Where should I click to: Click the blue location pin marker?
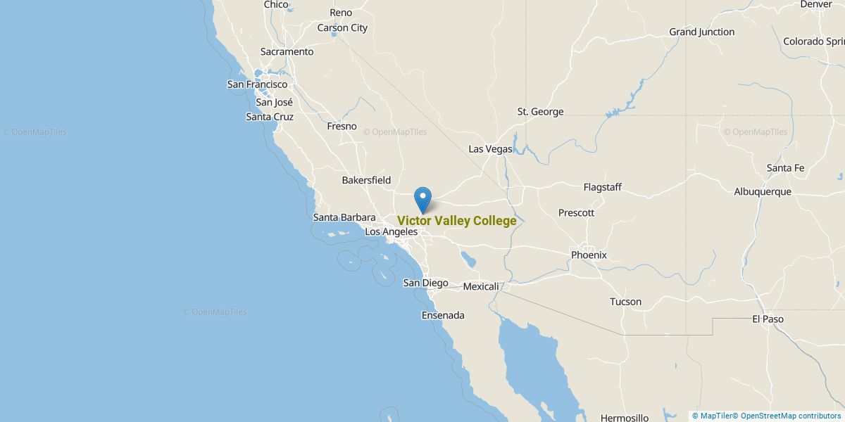tap(423, 198)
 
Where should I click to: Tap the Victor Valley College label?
tap(456, 221)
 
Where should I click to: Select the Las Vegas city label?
tap(490, 149)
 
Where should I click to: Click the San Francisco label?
tap(257, 84)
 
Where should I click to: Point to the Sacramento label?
tap(287, 52)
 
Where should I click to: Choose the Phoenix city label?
tap(589, 255)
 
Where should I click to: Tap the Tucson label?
tap(625, 302)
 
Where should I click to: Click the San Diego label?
tap(425, 283)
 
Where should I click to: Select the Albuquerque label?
tap(763, 191)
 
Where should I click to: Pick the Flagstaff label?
tap(602, 187)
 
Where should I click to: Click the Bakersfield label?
tap(366, 180)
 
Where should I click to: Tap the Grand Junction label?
tap(701, 32)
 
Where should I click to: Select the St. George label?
tap(540, 112)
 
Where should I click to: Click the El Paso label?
tap(768, 319)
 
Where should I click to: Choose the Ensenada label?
tap(443, 315)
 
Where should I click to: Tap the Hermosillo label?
tap(625, 418)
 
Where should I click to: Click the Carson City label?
tap(342, 28)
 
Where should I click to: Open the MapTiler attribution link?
tap(712, 416)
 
